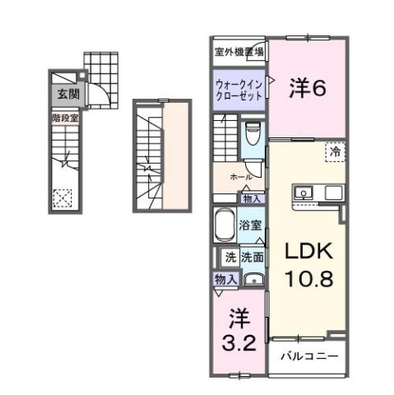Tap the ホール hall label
(x=240, y=177)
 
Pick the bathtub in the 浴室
(x=225, y=225)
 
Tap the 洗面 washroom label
(x=251, y=257)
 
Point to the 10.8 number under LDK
(x=308, y=278)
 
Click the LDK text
(x=308, y=249)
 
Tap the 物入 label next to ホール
(x=252, y=198)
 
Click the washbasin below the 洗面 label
(x=253, y=278)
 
